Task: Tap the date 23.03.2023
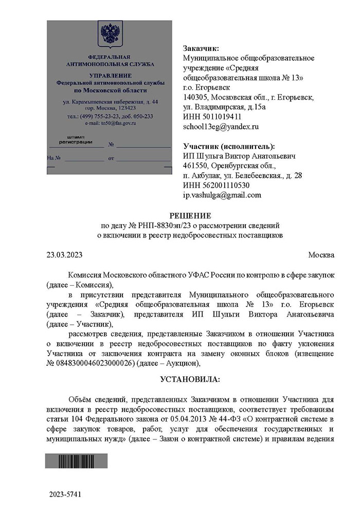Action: (65, 255)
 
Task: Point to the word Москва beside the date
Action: (321, 255)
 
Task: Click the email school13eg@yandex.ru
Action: (221, 126)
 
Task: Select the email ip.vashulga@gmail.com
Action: (222, 195)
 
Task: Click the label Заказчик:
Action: (201, 48)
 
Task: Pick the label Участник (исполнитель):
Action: (229, 146)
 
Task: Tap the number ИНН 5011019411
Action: (212, 116)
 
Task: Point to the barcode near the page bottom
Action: (76, 461)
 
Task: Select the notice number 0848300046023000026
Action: (96, 363)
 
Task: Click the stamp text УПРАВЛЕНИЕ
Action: (110, 76)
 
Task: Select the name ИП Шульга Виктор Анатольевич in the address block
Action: (240, 156)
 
